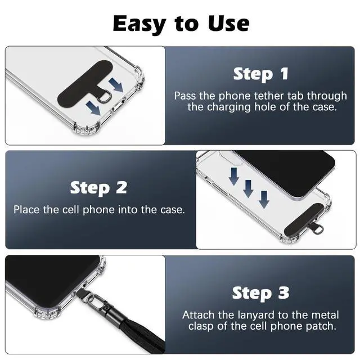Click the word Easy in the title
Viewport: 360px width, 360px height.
click(x=139, y=24)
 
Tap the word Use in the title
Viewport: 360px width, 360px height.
click(x=229, y=23)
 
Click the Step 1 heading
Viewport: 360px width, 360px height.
click(x=261, y=74)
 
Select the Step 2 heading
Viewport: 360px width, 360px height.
click(x=98, y=188)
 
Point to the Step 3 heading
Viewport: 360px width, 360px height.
click(x=260, y=293)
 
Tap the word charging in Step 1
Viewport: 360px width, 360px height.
click(x=229, y=107)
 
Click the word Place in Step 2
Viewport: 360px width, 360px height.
click(x=26, y=210)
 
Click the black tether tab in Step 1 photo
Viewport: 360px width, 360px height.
click(x=85, y=84)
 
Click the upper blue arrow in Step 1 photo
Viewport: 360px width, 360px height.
click(x=116, y=85)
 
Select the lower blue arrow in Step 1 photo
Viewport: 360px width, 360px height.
click(x=93, y=109)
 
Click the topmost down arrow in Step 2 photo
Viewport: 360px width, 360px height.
click(x=234, y=176)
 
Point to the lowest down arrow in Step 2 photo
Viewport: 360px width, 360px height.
click(x=264, y=200)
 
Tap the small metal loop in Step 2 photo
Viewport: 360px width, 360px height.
click(x=319, y=229)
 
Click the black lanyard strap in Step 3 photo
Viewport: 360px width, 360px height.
click(x=142, y=332)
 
